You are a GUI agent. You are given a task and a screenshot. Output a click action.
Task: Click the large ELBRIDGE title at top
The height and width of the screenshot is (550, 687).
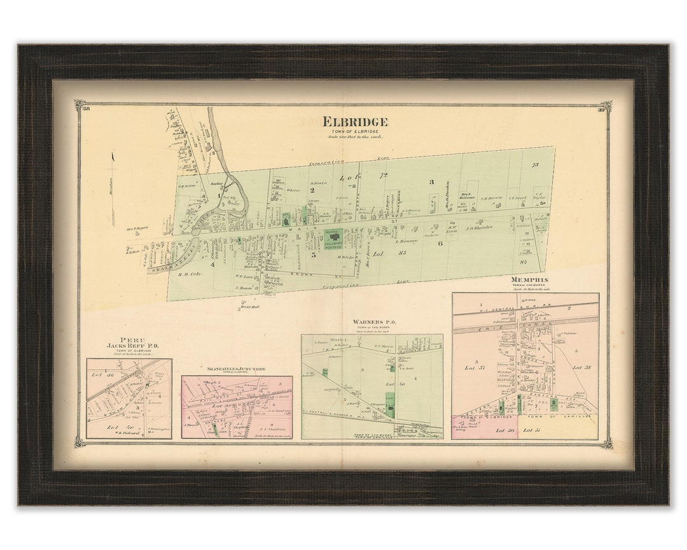pyautogui.click(x=354, y=122)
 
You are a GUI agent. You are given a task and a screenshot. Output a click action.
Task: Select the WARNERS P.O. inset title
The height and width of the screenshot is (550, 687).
pyautogui.click(x=375, y=322)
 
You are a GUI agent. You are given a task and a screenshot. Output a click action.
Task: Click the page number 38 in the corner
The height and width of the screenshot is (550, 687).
pyautogui.click(x=85, y=110)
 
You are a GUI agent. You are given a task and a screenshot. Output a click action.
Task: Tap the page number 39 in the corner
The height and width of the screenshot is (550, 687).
pyautogui.click(x=601, y=110)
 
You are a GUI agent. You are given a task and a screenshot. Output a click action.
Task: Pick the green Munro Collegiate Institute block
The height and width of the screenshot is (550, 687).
pyautogui.click(x=334, y=238)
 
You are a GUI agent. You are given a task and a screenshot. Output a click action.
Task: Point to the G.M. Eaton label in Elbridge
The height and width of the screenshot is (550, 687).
pyautogui.click(x=185, y=186)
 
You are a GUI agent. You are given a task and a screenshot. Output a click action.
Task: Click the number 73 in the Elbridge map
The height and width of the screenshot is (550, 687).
pyautogui.click(x=534, y=165)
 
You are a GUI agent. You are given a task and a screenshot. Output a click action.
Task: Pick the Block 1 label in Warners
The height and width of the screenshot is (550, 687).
pyautogui.click(x=338, y=340)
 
